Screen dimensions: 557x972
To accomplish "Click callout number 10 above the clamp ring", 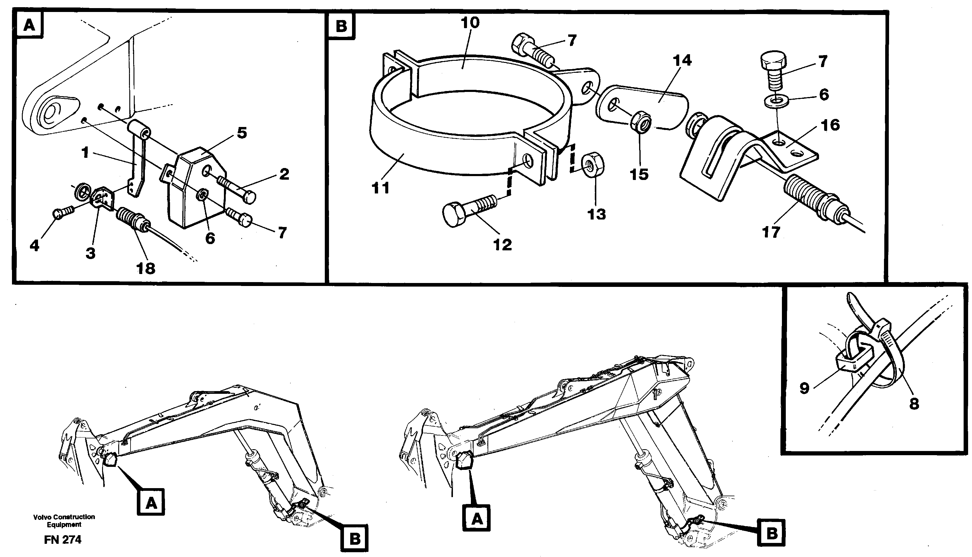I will (470, 23).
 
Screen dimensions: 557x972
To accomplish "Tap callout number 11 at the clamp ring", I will (381, 188).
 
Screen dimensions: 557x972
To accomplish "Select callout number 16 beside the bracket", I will (830, 125).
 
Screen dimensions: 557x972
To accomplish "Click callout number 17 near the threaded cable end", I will (771, 232).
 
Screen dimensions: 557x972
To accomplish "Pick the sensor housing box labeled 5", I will (195, 187).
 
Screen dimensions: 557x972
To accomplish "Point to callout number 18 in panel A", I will (146, 268).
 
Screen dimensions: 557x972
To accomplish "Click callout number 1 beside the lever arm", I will (85, 153).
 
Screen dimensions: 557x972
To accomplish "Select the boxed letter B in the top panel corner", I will (341, 26).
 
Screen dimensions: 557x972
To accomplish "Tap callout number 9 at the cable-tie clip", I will (805, 388).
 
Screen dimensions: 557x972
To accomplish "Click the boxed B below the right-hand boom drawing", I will (771, 532).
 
